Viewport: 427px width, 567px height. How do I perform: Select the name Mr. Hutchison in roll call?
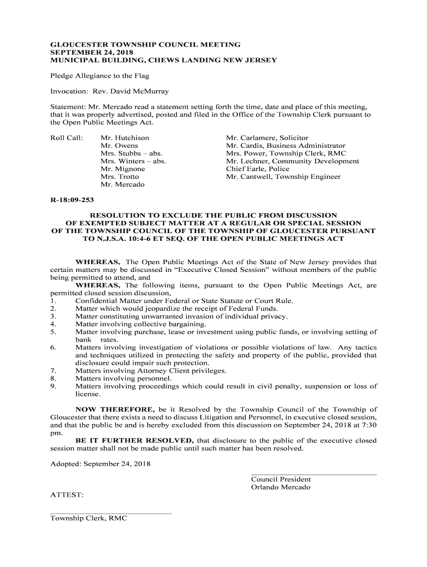(x=125, y=138)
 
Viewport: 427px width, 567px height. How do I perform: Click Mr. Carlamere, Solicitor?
(x=267, y=138)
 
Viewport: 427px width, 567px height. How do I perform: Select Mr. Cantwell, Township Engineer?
(x=283, y=177)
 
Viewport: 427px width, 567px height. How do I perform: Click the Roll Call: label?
(x=67, y=138)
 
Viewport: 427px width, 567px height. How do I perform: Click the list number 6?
(x=53, y=348)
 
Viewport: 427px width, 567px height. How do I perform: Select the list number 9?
(x=53, y=386)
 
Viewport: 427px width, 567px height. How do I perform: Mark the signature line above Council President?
(x=313, y=475)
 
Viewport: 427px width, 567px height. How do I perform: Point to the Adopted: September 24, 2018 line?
(x=100, y=463)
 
